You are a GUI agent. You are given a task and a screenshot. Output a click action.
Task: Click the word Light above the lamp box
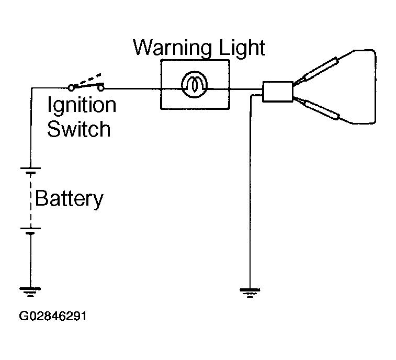coord(242,48)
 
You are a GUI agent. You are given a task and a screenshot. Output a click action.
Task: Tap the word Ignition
coord(82,105)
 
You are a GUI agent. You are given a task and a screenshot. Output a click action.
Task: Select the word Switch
coord(79,129)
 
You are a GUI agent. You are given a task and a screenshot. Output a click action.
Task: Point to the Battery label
coord(69,199)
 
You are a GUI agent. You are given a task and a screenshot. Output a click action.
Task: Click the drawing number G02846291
coord(53,316)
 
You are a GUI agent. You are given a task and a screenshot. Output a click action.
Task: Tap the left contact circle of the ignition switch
coord(72,88)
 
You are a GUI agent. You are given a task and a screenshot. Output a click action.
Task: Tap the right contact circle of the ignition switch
coord(101,88)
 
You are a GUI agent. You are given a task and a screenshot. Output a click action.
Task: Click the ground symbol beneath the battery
coord(30,292)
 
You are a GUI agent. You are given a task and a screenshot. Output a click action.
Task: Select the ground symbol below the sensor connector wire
coord(250,293)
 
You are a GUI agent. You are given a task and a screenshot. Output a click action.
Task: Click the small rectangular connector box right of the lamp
coord(278,92)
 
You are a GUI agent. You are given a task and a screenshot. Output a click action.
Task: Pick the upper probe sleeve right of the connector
coord(321,69)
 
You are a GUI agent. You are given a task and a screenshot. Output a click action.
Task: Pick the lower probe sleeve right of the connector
coord(322,110)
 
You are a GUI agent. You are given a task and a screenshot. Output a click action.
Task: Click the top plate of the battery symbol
coord(30,168)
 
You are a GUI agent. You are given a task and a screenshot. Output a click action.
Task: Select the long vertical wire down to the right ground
coord(250,192)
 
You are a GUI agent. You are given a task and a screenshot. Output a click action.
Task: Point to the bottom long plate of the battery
coord(30,228)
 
